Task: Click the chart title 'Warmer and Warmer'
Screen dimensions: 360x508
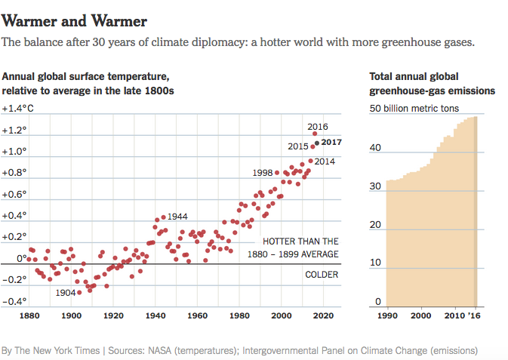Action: point(75,20)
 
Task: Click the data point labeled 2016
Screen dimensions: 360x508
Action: point(315,134)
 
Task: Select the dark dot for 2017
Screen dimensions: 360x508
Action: point(317,142)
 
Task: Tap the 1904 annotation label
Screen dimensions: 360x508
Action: point(66,293)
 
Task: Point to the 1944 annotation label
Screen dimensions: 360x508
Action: point(177,217)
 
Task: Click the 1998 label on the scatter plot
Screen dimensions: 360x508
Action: point(263,173)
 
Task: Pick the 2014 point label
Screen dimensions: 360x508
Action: point(325,161)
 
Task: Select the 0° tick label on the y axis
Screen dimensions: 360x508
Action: point(21,259)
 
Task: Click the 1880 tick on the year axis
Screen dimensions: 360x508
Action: point(30,315)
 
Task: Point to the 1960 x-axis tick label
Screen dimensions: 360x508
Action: point(198,315)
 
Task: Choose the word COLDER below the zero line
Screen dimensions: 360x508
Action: point(322,274)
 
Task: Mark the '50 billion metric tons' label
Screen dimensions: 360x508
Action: point(414,109)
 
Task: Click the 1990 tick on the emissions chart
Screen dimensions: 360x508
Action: point(386,315)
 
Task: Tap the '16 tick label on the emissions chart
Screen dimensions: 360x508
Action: point(473,315)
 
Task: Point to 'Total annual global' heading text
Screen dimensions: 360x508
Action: point(413,77)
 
